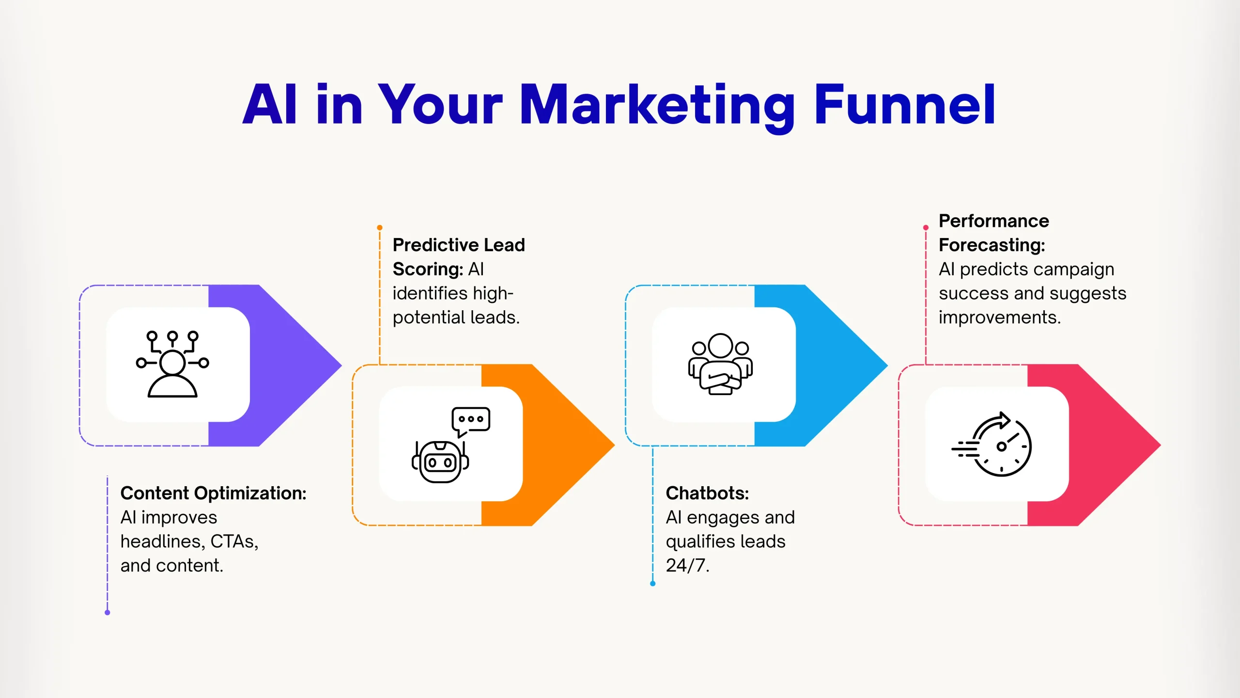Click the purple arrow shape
tap(291, 365)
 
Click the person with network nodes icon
tap(172, 364)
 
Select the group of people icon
tap(720, 364)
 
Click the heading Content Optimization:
tap(214, 493)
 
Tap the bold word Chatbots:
tap(707, 493)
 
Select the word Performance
tap(993, 221)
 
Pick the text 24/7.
tap(687, 565)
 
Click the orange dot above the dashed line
tap(380, 227)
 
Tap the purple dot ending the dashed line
tap(108, 613)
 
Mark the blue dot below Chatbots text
tap(653, 584)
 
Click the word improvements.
tap(1000, 317)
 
